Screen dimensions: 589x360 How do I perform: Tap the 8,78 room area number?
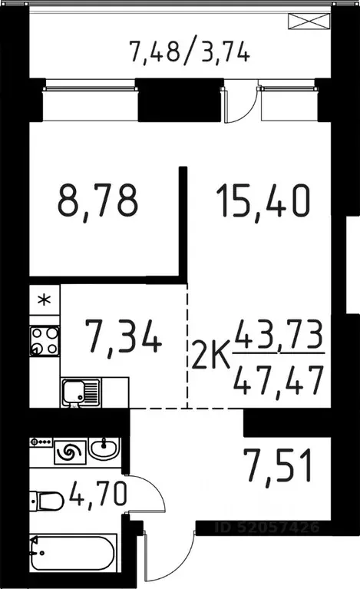tap(97, 201)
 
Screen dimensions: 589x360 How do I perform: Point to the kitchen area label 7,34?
tap(122, 339)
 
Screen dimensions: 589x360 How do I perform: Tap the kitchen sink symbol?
tap(80, 393)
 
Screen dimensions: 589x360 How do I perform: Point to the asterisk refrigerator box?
tap(45, 299)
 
